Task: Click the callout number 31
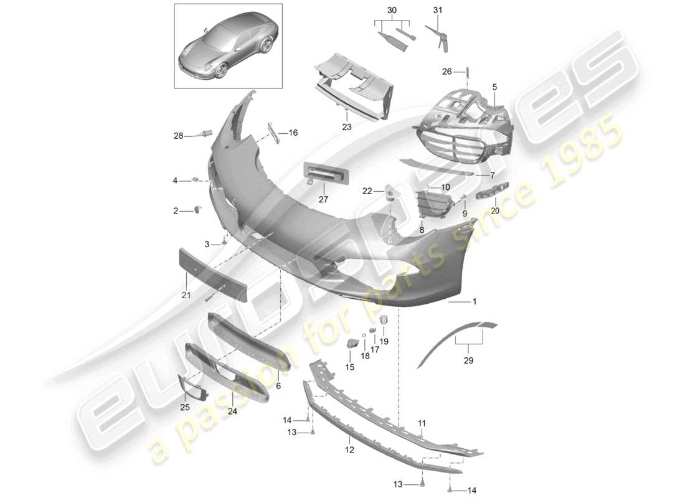coord(437,10)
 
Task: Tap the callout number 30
coord(391,10)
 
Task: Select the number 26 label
coord(447,72)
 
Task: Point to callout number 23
coord(346,126)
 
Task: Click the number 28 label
coord(179,136)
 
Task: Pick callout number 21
coord(186,295)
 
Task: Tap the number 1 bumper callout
coord(475,301)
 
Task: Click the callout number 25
coord(184,407)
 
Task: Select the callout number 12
coord(349,449)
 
